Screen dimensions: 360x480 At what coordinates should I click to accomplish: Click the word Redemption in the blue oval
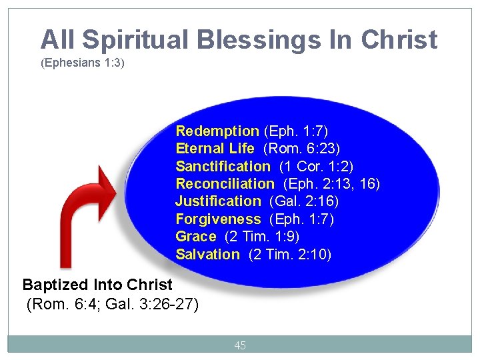(x=217, y=131)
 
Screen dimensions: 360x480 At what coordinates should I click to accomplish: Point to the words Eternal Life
(x=215, y=148)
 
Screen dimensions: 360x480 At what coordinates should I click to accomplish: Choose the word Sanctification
(x=223, y=166)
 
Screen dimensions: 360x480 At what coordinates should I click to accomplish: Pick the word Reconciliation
(x=225, y=183)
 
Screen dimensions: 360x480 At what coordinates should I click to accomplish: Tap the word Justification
(x=218, y=201)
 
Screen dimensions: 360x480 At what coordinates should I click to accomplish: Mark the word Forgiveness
(x=218, y=219)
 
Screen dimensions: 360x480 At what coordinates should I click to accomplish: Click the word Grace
(x=196, y=237)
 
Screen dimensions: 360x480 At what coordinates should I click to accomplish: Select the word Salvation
(x=207, y=254)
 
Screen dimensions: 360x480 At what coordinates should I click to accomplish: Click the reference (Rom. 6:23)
(x=303, y=148)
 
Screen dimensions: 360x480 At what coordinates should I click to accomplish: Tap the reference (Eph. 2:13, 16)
(x=331, y=183)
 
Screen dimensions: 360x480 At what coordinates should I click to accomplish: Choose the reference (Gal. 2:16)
(x=304, y=201)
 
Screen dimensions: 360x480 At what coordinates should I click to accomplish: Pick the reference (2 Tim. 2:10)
(x=289, y=254)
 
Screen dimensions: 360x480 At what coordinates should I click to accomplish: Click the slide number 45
(x=240, y=345)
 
